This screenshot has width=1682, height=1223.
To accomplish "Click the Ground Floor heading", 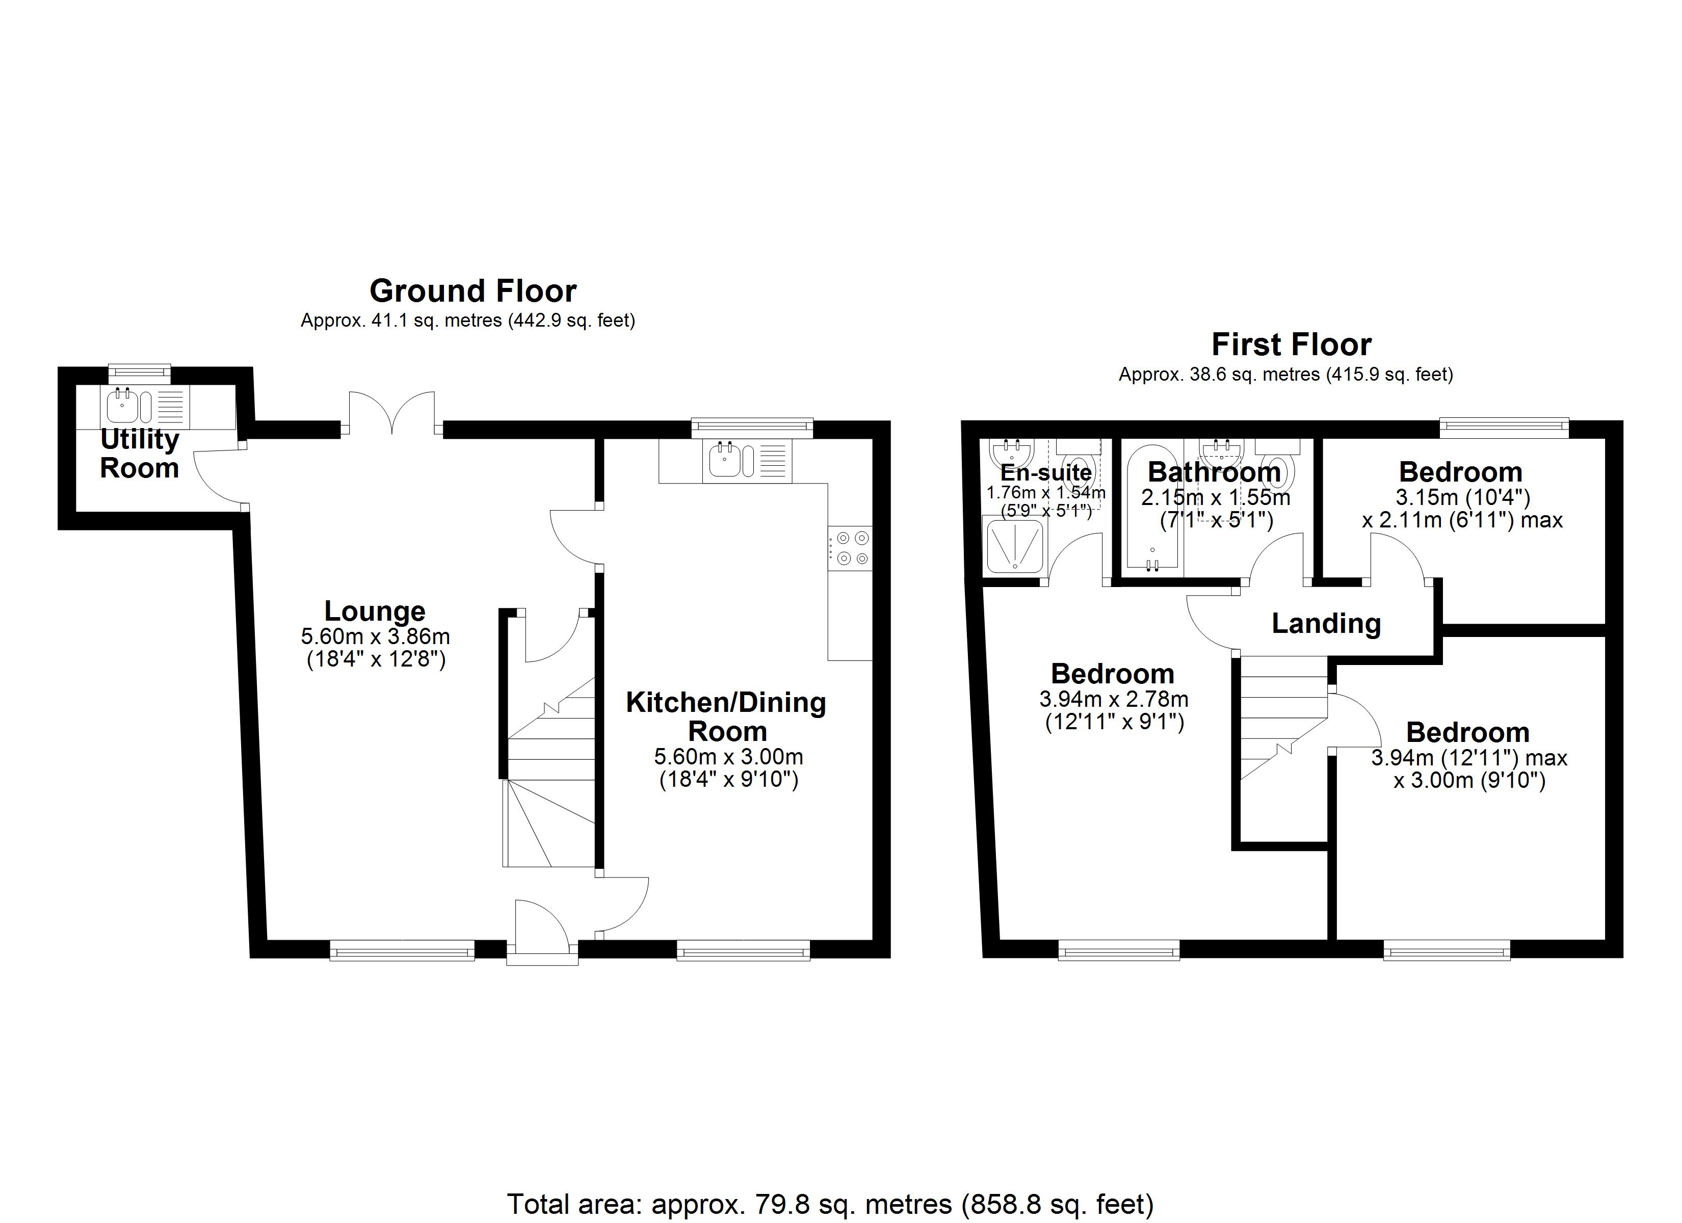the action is (472, 291).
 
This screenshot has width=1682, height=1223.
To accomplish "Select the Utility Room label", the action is (140, 453).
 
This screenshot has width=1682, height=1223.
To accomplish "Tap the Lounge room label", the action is (375, 611).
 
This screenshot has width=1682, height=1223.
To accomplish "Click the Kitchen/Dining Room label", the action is (726, 716).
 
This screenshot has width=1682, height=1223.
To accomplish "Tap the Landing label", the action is (1326, 624).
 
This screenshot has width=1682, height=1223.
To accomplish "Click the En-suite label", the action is (1046, 472).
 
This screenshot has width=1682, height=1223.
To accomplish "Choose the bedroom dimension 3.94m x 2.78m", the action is (1114, 699).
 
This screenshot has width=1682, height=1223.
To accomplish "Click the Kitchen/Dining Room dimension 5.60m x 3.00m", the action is (728, 757).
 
